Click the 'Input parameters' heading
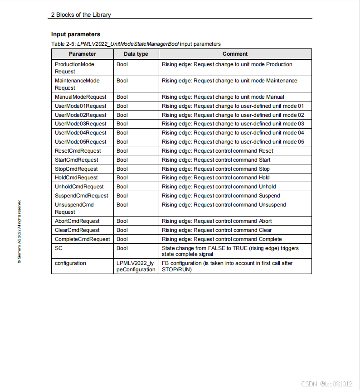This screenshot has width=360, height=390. click(76, 34)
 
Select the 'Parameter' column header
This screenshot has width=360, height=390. click(82, 54)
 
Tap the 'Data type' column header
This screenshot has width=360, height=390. click(136, 54)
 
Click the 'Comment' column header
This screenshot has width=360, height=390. click(235, 54)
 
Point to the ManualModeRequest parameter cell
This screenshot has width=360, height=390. click(81, 97)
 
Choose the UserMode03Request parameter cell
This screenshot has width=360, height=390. click(81, 124)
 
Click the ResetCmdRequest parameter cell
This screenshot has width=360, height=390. click(78, 151)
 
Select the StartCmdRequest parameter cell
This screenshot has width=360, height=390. click(77, 160)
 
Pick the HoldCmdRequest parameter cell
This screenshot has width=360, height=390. click(76, 178)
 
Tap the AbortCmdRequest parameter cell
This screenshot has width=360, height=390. click(77, 221)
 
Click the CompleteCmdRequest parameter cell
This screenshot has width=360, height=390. click(82, 239)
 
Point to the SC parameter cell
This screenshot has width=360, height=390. click(59, 248)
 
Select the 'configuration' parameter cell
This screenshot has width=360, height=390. click(70, 263)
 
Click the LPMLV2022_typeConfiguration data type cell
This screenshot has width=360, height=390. click(136, 266)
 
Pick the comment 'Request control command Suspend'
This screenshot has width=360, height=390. click(221, 196)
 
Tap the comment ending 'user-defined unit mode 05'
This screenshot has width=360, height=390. click(233, 142)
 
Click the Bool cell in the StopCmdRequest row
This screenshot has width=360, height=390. click(122, 169)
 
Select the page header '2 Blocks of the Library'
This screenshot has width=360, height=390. click(81, 14)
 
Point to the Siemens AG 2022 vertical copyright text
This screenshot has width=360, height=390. click(19, 231)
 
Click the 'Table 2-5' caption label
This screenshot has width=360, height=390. click(63, 44)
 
